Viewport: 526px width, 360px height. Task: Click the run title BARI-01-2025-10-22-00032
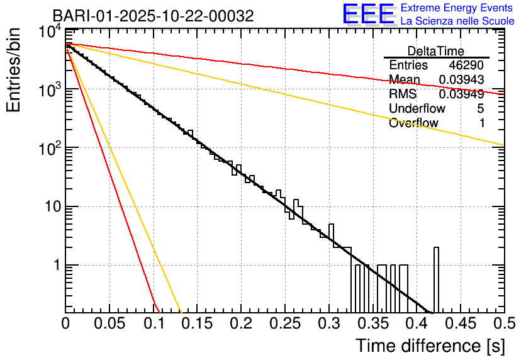pyautogui.click(x=153, y=16)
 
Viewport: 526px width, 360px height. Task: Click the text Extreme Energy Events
pyautogui.click(x=457, y=8)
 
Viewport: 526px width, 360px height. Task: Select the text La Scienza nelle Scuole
pyautogui.click(x=457, y=21)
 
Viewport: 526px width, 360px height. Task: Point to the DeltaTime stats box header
pyautogui.click(x=436, y=51)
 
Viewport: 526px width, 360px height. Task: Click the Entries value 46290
pyautogui.click(x=466, y=65)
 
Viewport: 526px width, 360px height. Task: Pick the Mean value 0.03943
pyautogui.click(x=462, y=80)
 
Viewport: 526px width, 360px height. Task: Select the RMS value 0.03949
pyautogui.click(x=462, y=94)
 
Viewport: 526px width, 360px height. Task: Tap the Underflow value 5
pyautogui.click(x=480, y=109)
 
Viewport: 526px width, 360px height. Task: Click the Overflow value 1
pyautogui.click(x=481, y=123)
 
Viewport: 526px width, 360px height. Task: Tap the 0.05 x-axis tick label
pyautogui.click(x=109, y=324)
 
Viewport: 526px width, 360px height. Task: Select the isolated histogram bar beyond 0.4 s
pyautogui.click(x=436, y=279)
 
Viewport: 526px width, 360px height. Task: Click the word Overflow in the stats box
pyautogui.click(x=413, y=123)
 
